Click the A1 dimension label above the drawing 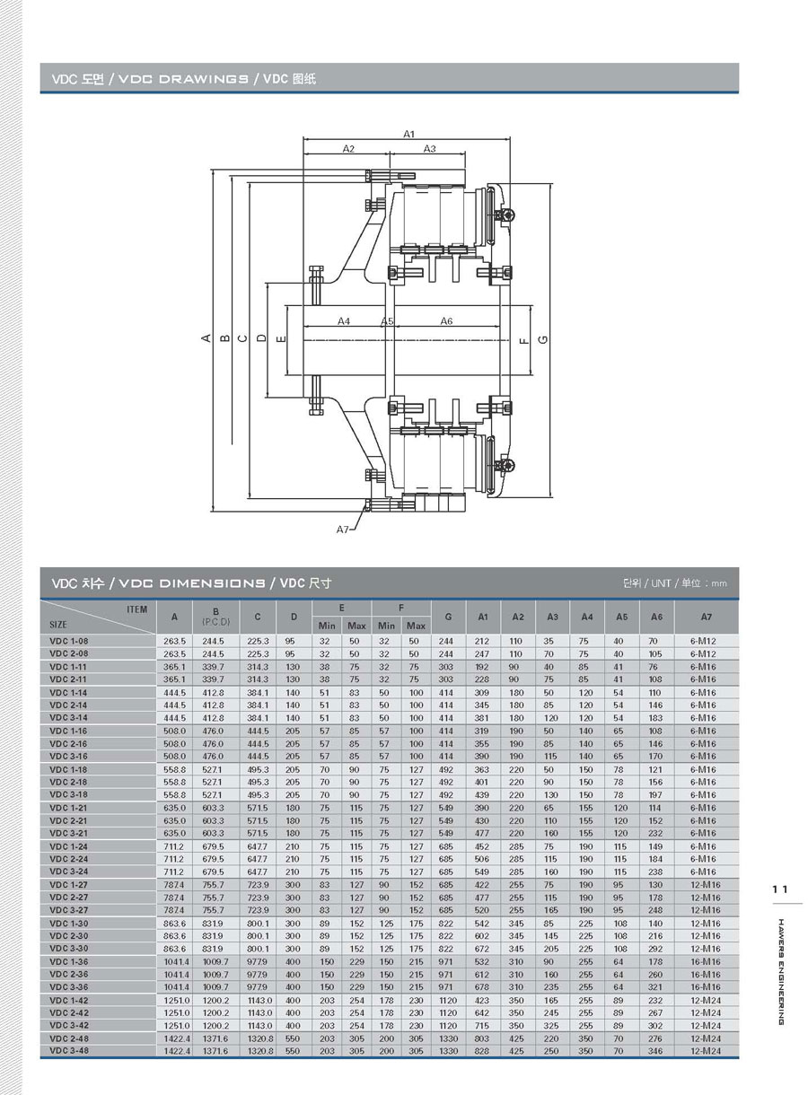coord(408,134)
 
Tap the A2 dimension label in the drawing coord(348,149)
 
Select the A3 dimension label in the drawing coord(429,149)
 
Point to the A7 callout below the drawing coord(343,530)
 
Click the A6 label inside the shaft coord(446,320)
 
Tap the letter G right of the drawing coord(544,339)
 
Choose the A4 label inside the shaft coord(344,320)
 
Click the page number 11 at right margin coord(779,889)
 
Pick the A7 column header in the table coord(707,617)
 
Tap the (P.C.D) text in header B coord(216,622)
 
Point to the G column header coord(447,617)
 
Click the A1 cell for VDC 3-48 coord(482,1050)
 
